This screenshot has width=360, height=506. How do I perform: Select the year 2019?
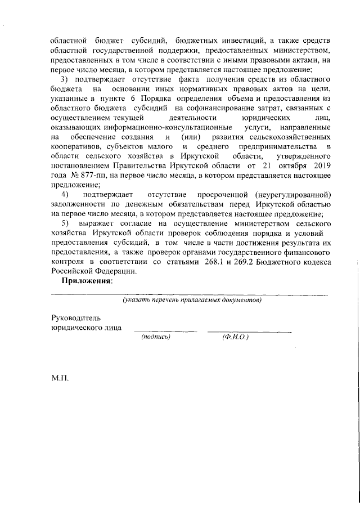click(316, 167)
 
